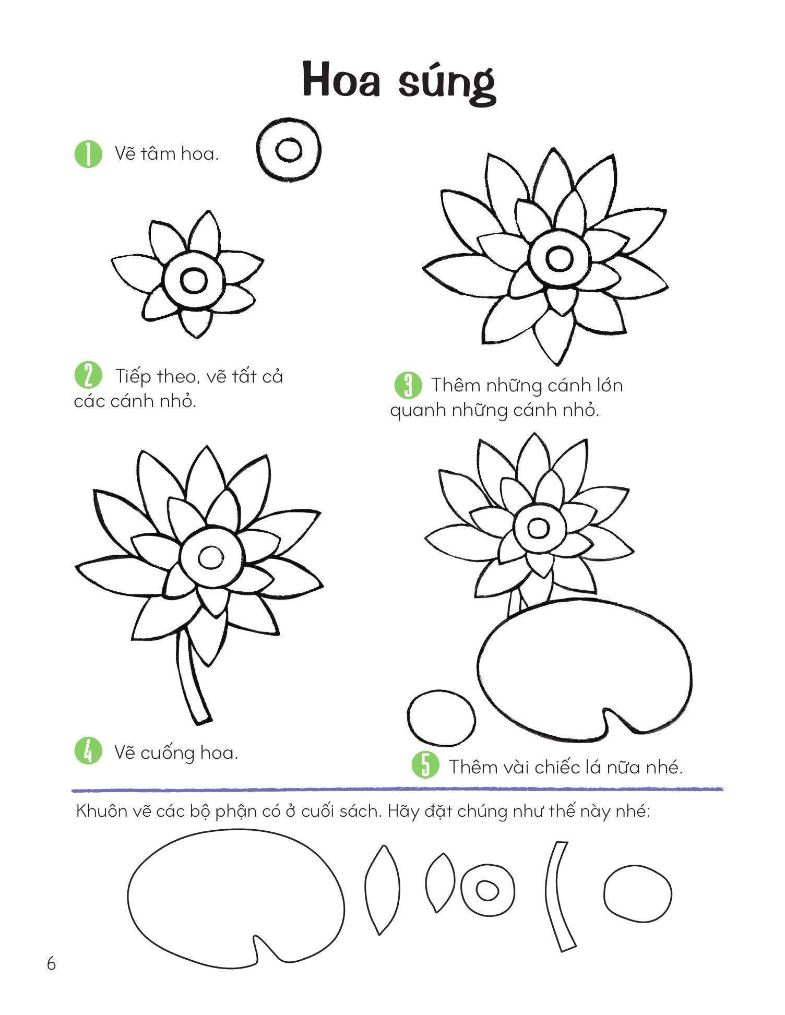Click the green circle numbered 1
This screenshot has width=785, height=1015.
(88, 154)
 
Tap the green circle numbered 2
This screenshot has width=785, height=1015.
(88, 375)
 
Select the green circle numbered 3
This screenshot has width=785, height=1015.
(408, 385)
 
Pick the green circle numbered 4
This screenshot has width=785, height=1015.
(88, 751)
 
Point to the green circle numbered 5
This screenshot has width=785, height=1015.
(425, 765)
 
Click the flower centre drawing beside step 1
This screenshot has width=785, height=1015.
(288, 150)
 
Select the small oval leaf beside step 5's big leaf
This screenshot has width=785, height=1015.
(441, 718)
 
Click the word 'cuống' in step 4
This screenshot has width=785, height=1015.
(166, 753)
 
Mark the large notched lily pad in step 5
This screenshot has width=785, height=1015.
(585, 670)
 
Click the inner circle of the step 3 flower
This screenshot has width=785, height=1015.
(559, 257)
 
